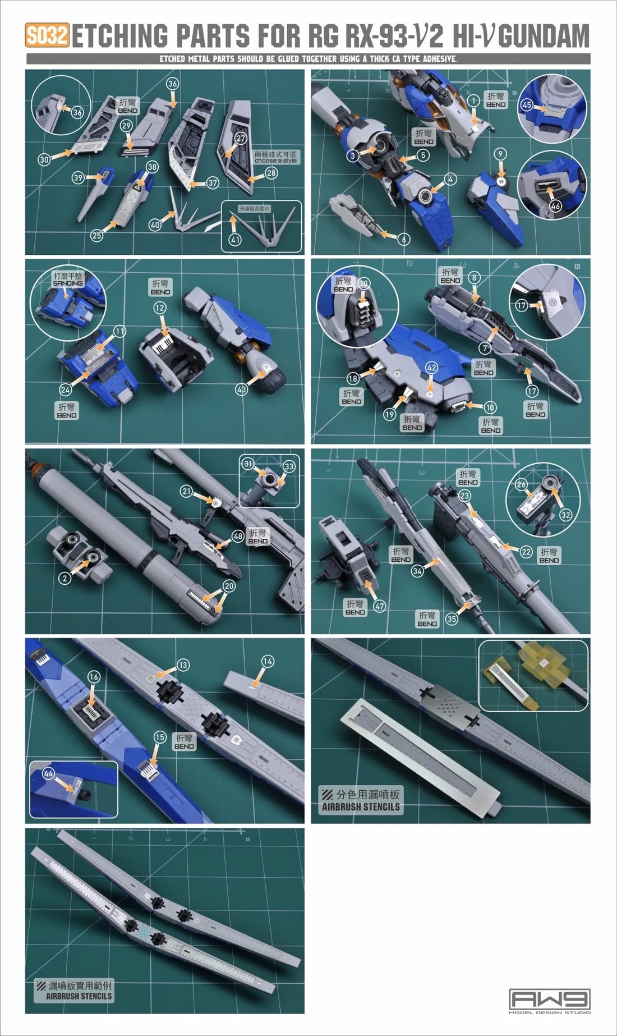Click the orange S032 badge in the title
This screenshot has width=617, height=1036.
pos(47,36)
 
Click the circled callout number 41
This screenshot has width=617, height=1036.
pos(235,240)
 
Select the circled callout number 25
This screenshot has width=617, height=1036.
pos(97,235)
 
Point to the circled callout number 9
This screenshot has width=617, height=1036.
pos(500,154)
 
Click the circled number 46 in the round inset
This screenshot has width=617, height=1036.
pos(555,206)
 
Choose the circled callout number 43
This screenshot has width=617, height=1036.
pos(241,389)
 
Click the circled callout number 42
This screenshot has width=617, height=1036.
pos(431,368)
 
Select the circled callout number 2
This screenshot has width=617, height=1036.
pos(65,577)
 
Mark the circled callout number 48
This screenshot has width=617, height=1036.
pos(238,536)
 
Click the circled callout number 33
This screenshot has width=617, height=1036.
pos(288,466)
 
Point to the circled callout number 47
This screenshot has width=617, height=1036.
pos(380,606)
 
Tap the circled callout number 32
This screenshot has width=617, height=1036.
pos(565,515)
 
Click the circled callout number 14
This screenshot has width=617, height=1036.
pos(268,662)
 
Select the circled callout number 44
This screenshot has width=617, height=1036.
pos(48,774)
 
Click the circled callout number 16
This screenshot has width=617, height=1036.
pos(94,677)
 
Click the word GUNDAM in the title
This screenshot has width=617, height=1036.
pos(544,35)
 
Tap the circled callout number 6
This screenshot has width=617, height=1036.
pos(403,239)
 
